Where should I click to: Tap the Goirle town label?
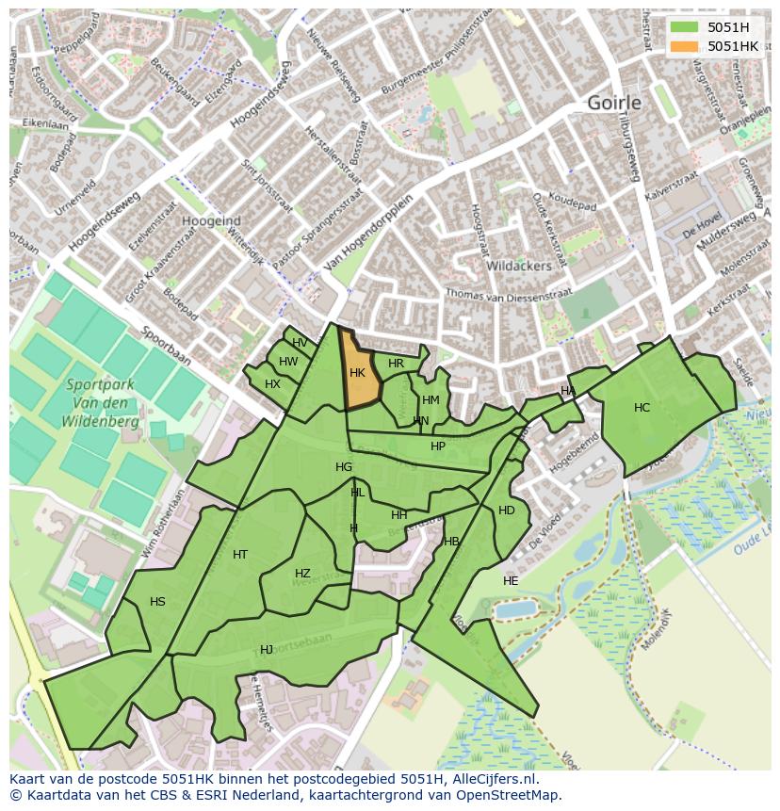point(613,103)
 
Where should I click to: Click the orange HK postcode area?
point(358,373)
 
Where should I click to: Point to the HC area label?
point(642,408)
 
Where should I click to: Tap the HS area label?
point(157,602)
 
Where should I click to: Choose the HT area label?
point(240,555)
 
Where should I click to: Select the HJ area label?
point(267,650)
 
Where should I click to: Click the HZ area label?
point(302,574)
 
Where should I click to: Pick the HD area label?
point(507,511)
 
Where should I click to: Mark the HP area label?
point(438,446)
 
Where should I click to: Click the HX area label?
point(272,384)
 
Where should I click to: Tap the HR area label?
point(396,364)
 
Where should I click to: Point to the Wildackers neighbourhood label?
point(518,267)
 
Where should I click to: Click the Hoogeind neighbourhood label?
point(211,220)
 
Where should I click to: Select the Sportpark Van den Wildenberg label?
point(101,403)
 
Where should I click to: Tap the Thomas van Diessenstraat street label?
point(509,295)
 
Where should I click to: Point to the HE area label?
point(511,581)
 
